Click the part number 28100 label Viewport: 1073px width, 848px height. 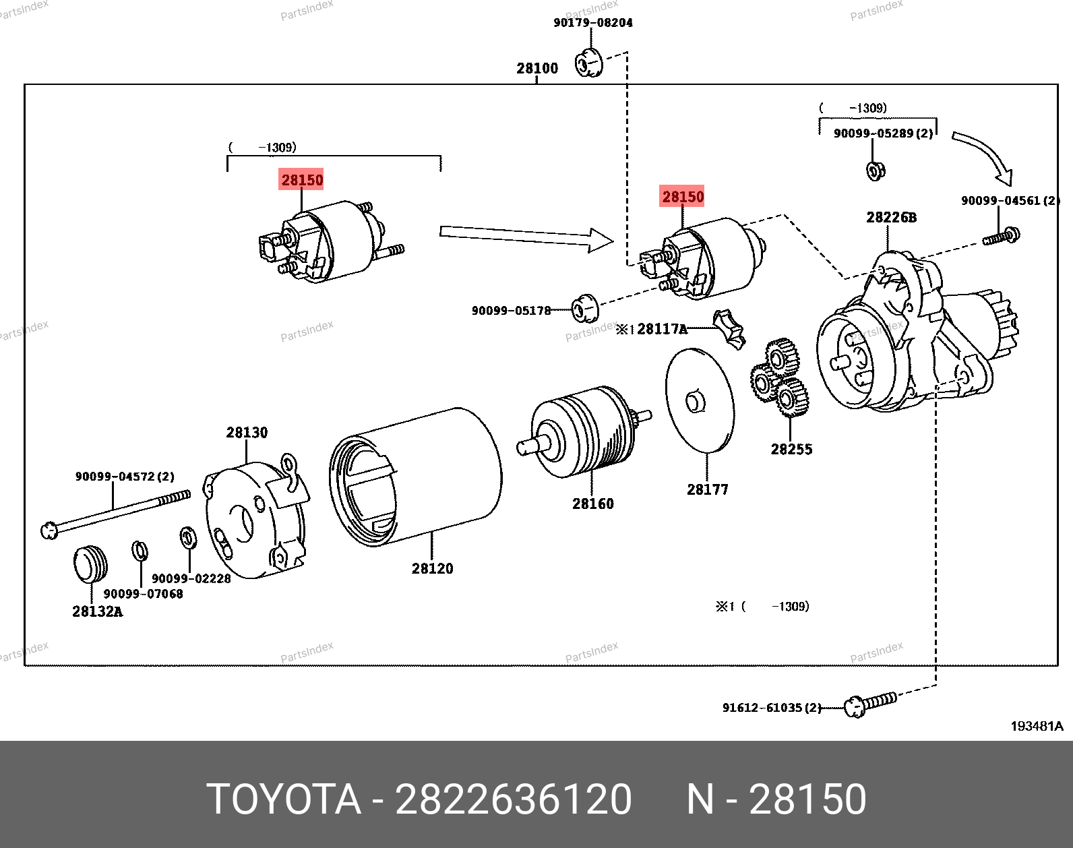click(537, 68)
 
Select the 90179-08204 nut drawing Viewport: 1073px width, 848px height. click(588, 63)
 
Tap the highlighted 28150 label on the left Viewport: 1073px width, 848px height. click(301, 180)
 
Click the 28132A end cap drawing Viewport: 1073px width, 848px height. click(90, 564)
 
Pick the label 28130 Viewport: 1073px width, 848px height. click(247, 433)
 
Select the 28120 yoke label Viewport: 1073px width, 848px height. click(432, 568)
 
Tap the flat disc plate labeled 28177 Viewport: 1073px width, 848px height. click(699, 400)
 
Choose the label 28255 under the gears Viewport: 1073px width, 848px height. click(791, 449)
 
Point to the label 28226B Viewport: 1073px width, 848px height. click(891, 217)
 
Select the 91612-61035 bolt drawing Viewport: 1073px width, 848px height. click(870, 703)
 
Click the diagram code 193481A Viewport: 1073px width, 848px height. click(1036, 726)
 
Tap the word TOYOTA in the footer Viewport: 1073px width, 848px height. click(283, 799)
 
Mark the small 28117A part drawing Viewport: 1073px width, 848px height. click(730, 328)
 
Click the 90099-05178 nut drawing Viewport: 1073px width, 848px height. click(585, 308)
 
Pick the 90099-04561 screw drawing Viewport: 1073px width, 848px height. click(1002, 237)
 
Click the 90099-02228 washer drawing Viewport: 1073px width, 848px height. click(187, 538)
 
